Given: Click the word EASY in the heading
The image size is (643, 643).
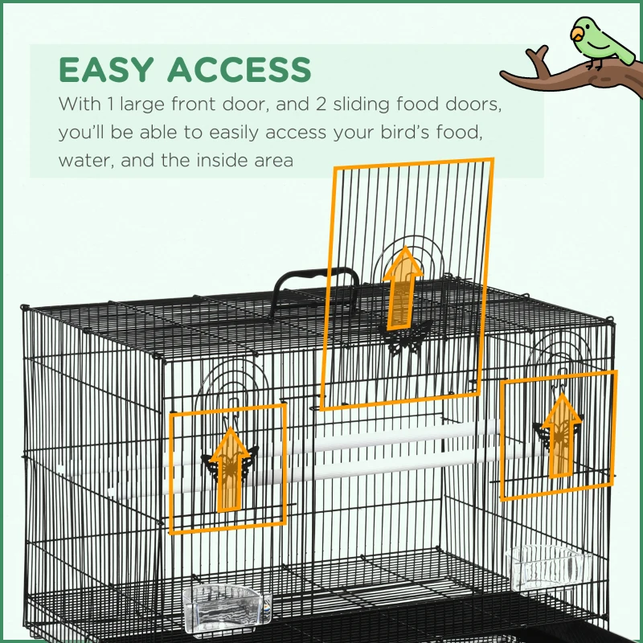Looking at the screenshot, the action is [x=107, y=69].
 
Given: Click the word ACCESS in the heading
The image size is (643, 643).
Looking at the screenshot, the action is [x=239, y=69].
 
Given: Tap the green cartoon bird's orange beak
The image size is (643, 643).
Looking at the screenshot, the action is [x=576, y=34].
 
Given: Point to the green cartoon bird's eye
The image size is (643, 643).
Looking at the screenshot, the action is [x=581, y=27].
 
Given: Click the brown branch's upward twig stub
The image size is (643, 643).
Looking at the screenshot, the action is [x=537, y=58].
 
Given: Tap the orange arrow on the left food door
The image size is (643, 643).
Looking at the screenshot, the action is [x=231, y=470].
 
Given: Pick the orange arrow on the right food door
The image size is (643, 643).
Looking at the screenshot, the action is [x=562, y=436].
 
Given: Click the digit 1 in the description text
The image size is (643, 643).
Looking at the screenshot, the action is [x=109, y=104].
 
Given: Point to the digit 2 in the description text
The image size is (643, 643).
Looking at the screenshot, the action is [x=321, y=104].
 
